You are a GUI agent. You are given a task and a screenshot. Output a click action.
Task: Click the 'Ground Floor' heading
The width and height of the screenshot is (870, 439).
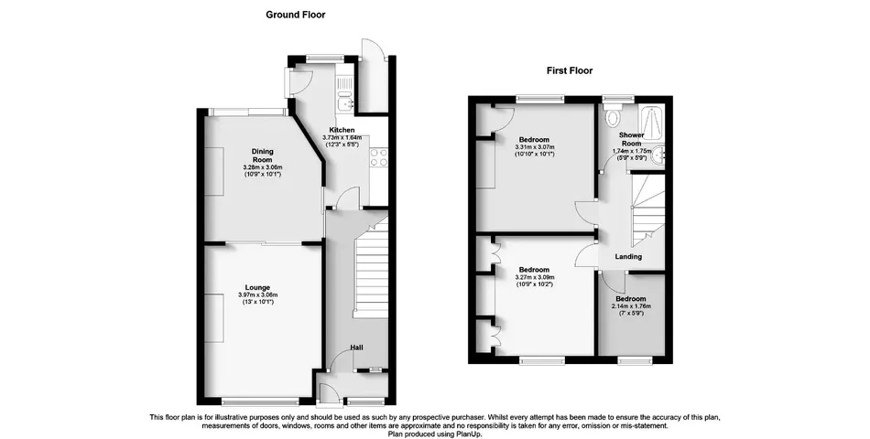295,15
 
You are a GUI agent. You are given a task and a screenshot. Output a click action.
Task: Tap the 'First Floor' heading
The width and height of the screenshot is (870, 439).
570,70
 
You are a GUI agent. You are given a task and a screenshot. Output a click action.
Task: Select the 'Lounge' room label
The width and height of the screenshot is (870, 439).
256,287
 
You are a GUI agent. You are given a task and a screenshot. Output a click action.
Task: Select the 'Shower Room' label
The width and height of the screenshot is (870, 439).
630,139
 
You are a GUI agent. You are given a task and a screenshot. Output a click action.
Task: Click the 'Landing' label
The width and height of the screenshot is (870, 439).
628,257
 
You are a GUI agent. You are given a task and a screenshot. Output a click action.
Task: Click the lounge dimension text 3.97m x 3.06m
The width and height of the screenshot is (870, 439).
257,294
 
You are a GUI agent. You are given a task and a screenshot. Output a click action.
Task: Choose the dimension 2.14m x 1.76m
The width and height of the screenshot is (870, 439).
631,306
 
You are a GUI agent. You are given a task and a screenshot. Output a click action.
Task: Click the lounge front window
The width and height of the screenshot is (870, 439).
249,401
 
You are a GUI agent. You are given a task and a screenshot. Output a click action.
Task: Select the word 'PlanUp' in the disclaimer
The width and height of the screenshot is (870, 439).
466,434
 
